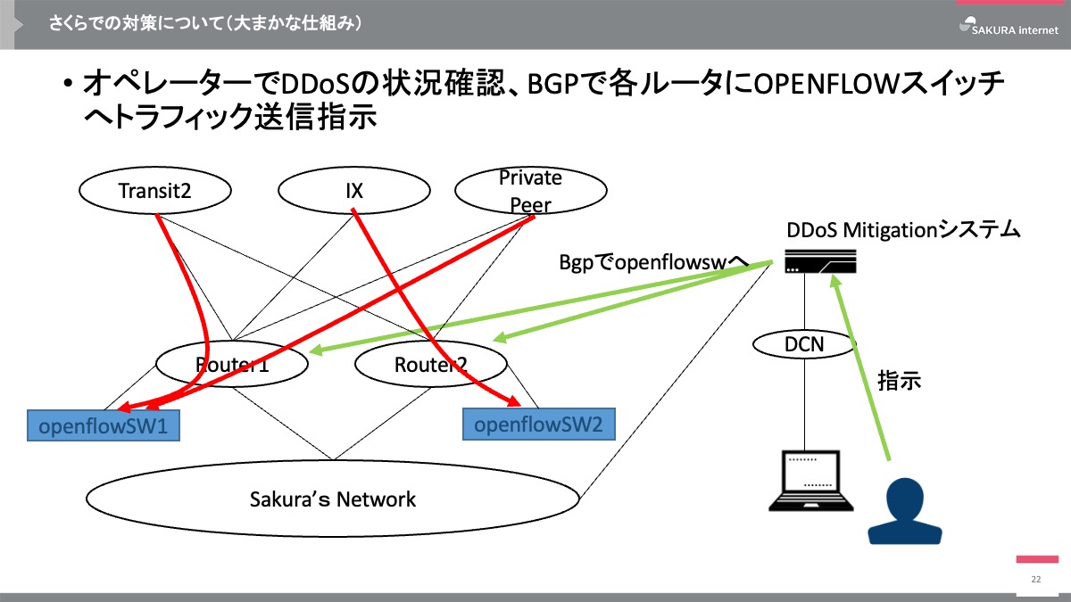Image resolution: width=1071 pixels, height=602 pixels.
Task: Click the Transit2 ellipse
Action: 155,190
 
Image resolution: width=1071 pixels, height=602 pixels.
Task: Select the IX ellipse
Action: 353,190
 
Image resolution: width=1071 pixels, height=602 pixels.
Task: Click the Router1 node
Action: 232,364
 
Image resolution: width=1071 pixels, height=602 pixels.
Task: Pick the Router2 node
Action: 431,364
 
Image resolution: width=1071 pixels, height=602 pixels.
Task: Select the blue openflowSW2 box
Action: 538,424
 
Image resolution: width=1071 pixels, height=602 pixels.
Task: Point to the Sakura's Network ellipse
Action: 333,499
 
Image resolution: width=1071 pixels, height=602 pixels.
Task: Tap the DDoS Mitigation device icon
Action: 820,260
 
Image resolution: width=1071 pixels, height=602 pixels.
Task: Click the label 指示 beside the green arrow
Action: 899,381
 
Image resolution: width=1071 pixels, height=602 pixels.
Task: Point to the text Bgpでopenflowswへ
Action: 652,262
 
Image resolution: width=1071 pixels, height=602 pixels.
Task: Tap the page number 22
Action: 1036,580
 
